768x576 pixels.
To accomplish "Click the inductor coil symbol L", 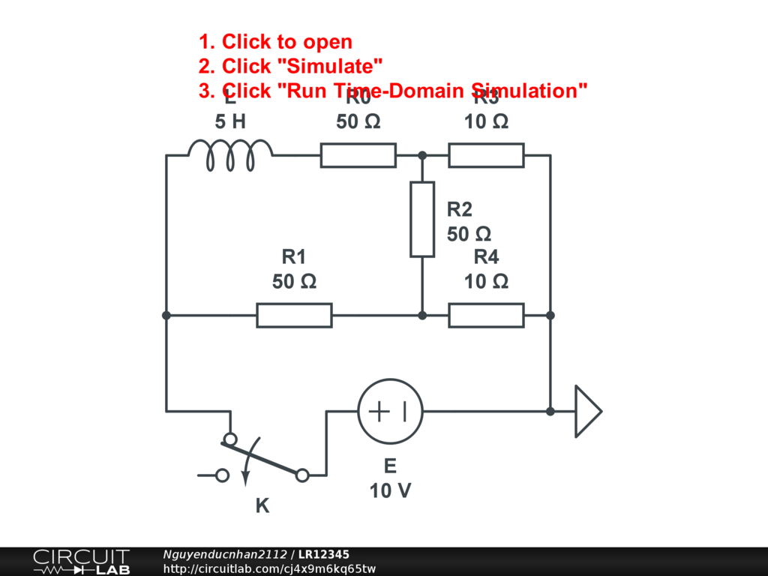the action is pyautogui.click(x=229, y=154).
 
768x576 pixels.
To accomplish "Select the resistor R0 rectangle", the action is pyautogui.click(x=358, y=155).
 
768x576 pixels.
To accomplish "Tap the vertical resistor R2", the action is pyautogui.click(x=422, y=219).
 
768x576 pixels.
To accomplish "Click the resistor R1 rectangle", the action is pyautogui.click(x=294, y=315).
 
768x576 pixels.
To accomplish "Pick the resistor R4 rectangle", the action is pyautogui.click(x=486, y=315).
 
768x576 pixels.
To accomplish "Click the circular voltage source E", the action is pyautogui.click(x=390, y=411).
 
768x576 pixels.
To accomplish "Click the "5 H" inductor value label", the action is pyautogui.click(x=230, y=121).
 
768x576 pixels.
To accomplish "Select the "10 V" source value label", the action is pyautogui.click(x=390, y=490).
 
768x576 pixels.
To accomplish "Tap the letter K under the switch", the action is pyautogui.click(x=262, y=506).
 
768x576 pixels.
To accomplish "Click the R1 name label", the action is pyautogui.click(x=294, y=257).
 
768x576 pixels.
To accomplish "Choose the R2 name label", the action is pyautogui.click(x=460, y=209).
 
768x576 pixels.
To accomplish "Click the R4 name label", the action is pyautogui.click(x=486, y=257).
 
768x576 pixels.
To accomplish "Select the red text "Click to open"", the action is pyautogui.click(x=286, y=42).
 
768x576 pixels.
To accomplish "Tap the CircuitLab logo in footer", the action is pyautogui.click(x=81, y=562).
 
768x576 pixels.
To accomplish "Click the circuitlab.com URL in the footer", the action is pyautogui.click(x=269, y=569).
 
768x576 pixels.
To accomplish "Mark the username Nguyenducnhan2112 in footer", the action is pyautogui.click(x=225, y=554).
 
